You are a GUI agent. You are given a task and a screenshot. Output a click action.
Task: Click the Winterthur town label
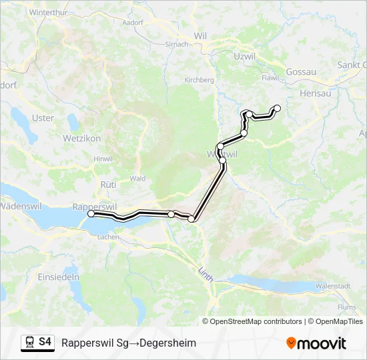pyautogui.click(x=48, y=13)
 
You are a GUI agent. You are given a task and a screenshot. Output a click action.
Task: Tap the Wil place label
pyautogui.click(x=200, y=35)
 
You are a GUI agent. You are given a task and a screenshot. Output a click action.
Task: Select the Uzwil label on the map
pyautogui.click(x=245, y=57)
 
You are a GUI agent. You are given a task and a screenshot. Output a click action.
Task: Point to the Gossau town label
pyautogui.click(x=300, y=71)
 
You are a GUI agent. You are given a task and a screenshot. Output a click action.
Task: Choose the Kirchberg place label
pyautogui.click(x=199, y=80)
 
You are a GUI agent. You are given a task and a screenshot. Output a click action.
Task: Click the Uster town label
pyautogui.click(x=43, y=118)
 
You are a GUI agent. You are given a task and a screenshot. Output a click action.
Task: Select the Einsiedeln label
pyautogui.click(x=59, y=276)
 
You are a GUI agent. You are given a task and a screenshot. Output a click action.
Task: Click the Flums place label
pyautogui.click(x=347, y=307)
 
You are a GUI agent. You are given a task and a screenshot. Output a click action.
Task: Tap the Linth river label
pyautogui.click(x=206, y=274)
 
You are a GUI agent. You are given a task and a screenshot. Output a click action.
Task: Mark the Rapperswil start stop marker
pyautogui.click(x=91, y=214)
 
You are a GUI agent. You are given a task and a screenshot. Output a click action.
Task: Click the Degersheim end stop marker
pyautogui.click(x=278, y=108)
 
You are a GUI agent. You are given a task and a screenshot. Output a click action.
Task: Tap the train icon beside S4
pyautogui.click(x=29, y=342)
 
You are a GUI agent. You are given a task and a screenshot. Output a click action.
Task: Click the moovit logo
pyautogui.click(x=316, y=343)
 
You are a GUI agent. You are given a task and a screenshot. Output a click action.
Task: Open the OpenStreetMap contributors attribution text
pyautogui.click(x=256, y=321)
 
